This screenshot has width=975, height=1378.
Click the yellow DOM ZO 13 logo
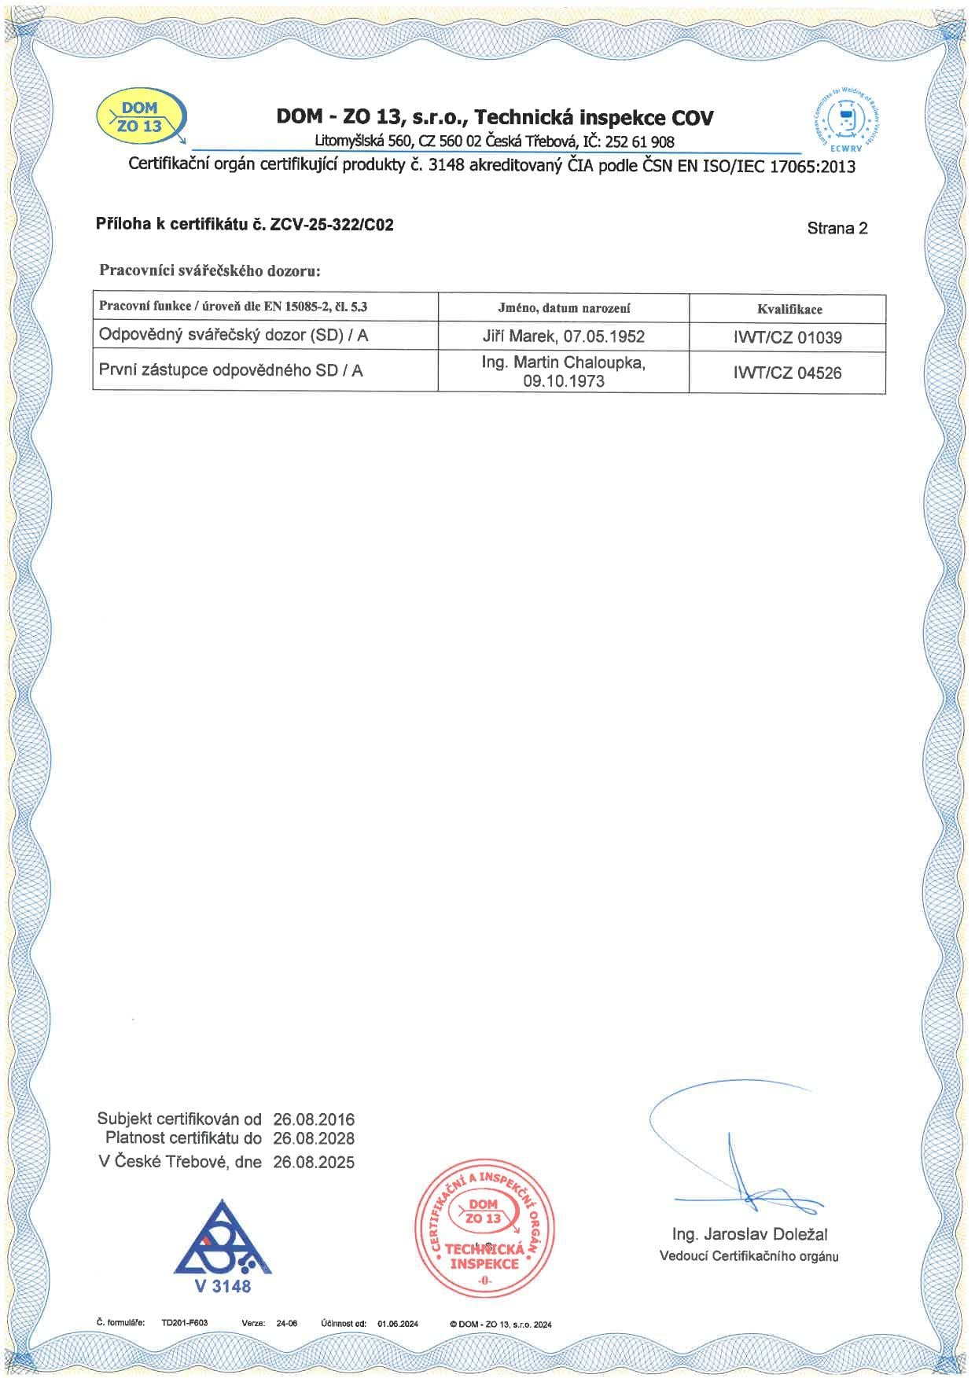click(141, 118)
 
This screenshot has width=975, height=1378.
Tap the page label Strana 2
click(837, 228)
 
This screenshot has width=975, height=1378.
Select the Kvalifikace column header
click(789, 309)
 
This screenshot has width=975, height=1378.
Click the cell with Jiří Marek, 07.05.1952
click(563, 336)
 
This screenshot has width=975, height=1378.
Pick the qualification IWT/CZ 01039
click(787, 338)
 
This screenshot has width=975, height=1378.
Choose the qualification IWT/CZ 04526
click(787, 373)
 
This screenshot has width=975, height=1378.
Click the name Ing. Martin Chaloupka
click(563, 363)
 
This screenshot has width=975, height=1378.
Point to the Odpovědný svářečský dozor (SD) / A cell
click(234, 336)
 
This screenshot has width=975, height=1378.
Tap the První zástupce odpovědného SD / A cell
click(230, 371)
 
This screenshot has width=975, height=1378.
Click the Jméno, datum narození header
click(563, 308)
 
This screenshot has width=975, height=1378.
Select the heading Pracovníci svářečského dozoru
click(210, 270)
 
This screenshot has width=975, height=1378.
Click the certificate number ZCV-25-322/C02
click(331, 225)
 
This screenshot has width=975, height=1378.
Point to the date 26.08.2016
click(314, 1119)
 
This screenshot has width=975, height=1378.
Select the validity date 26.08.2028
click(314, 1138)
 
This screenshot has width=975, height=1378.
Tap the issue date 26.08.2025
click(314, 1162)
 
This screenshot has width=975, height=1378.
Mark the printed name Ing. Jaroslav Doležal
click(749, 1234)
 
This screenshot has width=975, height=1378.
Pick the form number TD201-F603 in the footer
click(185, 1322)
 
